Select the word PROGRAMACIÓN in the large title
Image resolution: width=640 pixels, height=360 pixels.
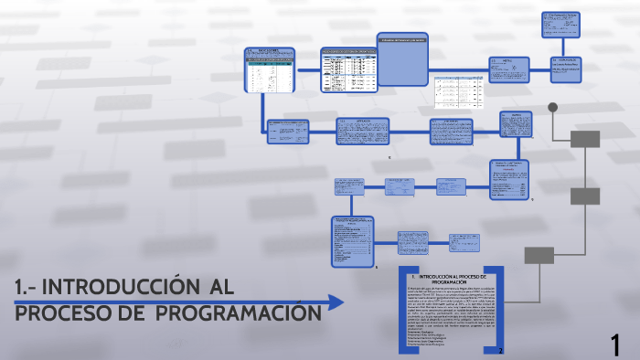(238, 313)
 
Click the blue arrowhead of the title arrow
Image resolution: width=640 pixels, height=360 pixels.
(336, 302)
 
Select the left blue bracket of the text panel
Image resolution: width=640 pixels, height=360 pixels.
(402, 311)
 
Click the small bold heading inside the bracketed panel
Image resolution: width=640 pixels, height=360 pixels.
(449, 279)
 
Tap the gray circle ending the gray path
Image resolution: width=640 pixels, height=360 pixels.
(552, 107)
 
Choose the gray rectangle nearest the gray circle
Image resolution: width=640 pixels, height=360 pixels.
(585, 139)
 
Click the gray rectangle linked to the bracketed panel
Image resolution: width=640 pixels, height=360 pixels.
(539, 255)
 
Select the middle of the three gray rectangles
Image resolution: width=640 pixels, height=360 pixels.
(585, 196)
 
